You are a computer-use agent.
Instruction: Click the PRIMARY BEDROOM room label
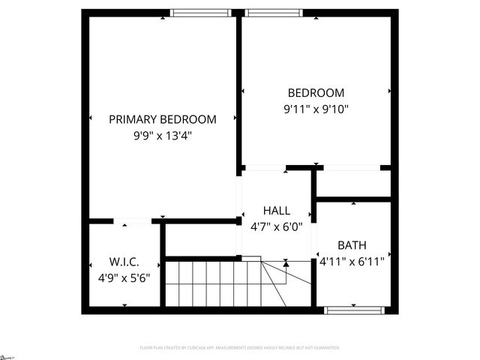point(163,119)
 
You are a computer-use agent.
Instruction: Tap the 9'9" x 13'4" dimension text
point(163,136)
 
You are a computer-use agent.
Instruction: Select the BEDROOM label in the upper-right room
point(316,93)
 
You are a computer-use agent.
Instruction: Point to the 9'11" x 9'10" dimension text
point(316,109)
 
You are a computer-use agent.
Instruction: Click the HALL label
point(276,211)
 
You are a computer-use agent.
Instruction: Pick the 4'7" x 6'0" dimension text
point(276,226)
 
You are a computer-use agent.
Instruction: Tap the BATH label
point(352,245)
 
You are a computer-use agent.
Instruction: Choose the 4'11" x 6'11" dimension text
point(352,262)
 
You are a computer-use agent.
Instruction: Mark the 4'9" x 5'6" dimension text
point(124,277)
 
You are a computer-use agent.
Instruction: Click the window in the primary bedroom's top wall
point(200,12)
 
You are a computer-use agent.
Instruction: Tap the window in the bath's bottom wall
point(355,309)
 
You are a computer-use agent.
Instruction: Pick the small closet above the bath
point(352,183)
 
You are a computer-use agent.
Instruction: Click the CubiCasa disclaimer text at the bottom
point(240,348)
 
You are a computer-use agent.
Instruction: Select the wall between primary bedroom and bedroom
point(239,90)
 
